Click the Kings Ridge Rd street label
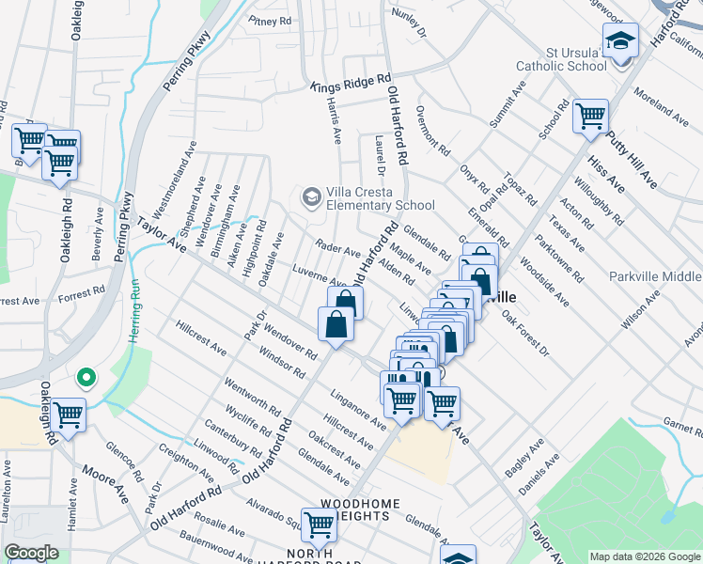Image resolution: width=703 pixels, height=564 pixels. pyautogui.click(x=351, y=84)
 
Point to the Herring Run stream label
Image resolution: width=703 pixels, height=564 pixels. pyautogui.click(x=136, y=310)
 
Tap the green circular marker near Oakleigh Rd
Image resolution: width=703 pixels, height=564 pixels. pyautogui.click(x=86, y=379)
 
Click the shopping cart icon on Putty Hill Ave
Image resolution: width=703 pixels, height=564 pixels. pyautogui.click(x=590, y=117)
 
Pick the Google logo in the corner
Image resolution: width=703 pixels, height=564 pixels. pyautogui.click(x=31, y=553)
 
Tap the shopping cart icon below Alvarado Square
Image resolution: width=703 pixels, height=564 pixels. pyautogui.click(x=319, y=525)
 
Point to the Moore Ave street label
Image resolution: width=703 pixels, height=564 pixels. pyautogui.click(x=103, y=483)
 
